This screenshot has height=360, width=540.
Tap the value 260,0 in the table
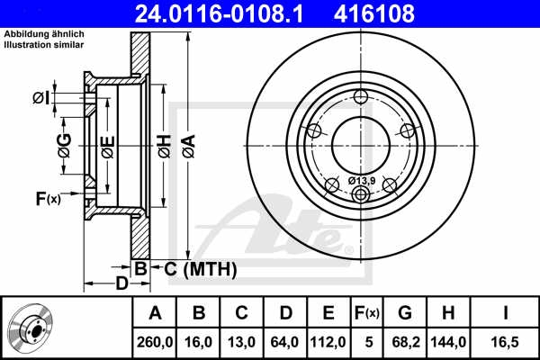click(x=155, y=341)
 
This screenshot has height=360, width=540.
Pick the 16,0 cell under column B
click(x=199, y=341)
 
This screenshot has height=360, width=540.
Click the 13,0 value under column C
click(x=241, y=341)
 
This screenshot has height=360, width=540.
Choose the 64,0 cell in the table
click(x=285, y=341)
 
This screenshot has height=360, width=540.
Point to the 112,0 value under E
click(x=328, y=341)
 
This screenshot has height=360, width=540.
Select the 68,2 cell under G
click(x=405, y=341)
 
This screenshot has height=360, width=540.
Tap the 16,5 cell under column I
click(x=506, y=341)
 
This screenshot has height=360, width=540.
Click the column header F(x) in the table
click(x=367, y=313)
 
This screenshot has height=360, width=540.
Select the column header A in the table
click(x=155, y=313)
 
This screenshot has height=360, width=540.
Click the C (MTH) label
click(x=195, y=268)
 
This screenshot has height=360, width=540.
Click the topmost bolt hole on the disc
click(x=361, y=98)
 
